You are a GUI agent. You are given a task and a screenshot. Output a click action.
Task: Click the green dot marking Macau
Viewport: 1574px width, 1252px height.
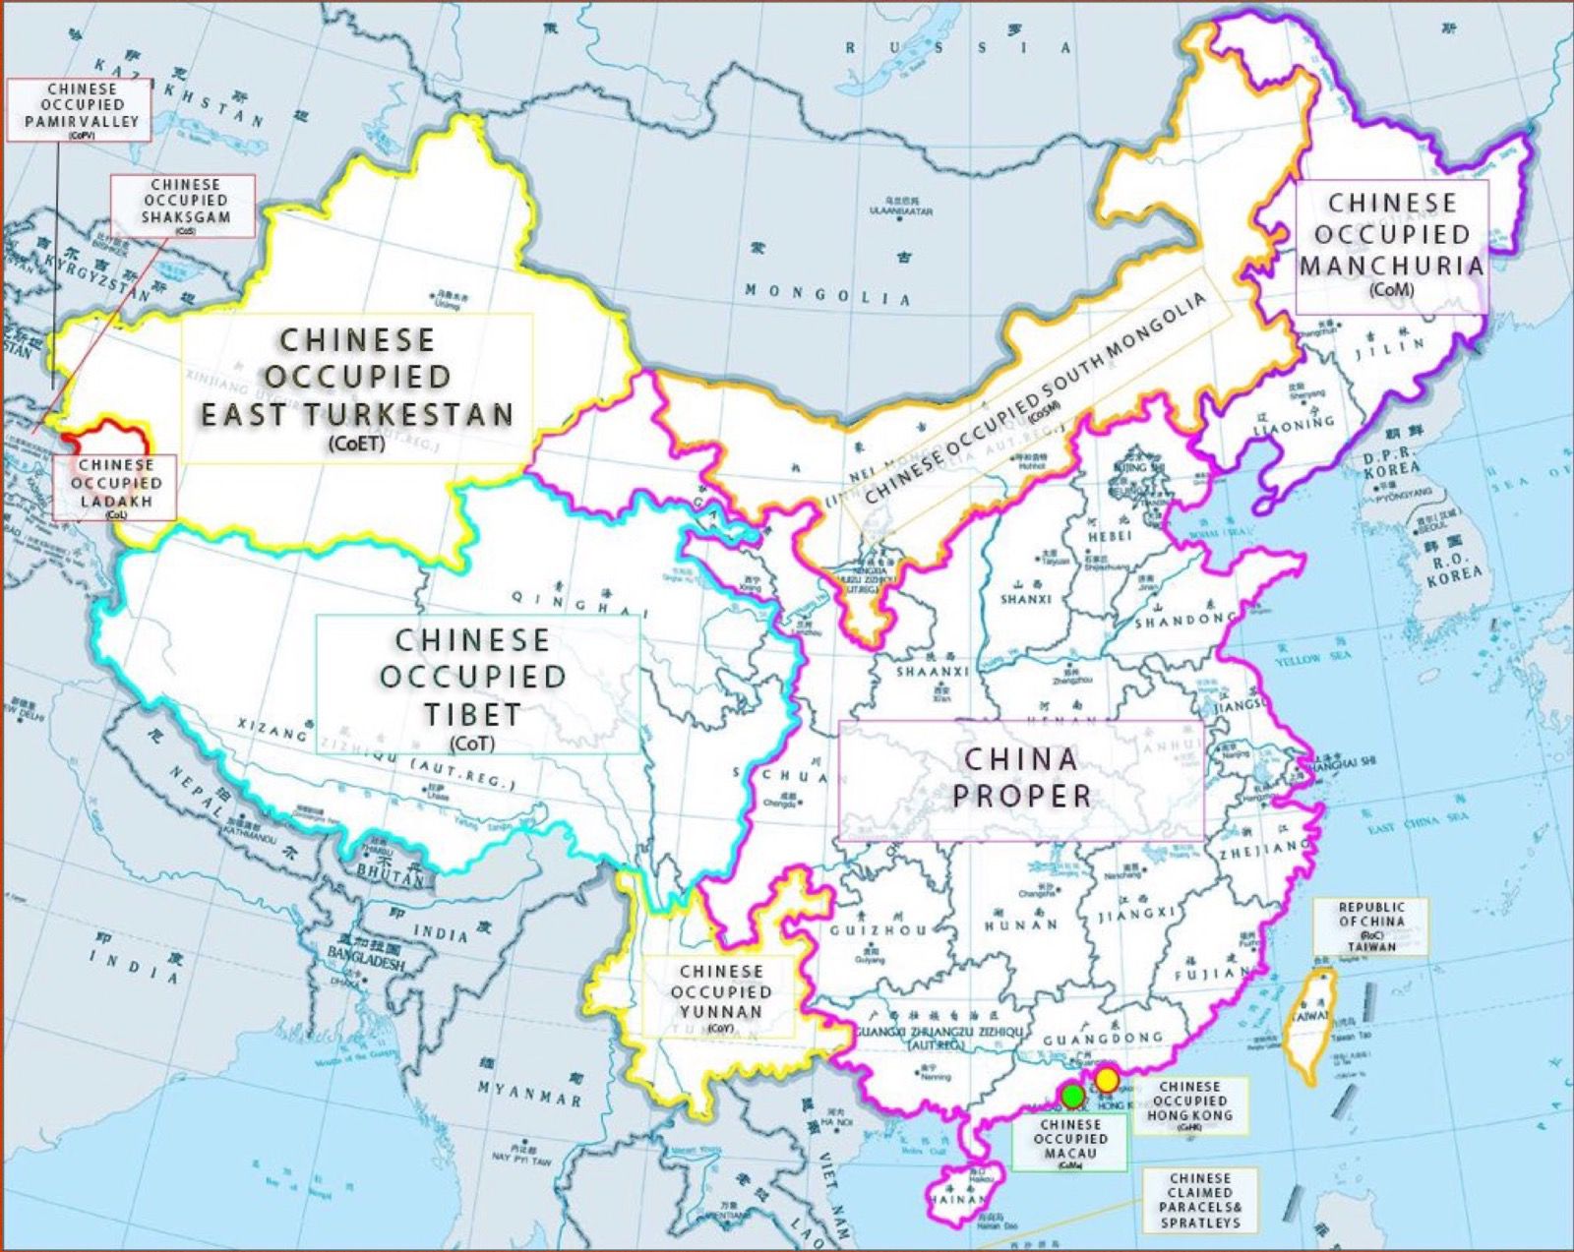click(x=1072, y=1095)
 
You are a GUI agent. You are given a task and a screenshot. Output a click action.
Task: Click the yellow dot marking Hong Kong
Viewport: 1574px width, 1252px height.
click(x=1108, y=1080)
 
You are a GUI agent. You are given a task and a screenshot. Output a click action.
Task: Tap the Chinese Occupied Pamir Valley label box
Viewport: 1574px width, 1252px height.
click(x=80, y=110)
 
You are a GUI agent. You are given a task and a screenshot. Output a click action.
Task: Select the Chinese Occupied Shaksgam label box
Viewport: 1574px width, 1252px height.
click(x=184, y=206)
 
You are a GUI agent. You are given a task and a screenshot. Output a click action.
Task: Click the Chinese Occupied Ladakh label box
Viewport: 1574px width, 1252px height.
click(x=116, y=487)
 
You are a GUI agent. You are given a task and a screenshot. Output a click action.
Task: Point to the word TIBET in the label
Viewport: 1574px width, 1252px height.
click(x=472, y=715)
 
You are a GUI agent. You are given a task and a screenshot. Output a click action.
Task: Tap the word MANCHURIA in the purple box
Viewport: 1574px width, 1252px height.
click(x=1391, y=266)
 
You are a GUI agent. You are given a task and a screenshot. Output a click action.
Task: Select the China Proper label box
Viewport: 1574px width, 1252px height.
click(x=1020, y=779)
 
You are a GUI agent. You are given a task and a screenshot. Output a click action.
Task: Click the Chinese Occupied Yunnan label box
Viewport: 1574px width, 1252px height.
click(x=719, y=995)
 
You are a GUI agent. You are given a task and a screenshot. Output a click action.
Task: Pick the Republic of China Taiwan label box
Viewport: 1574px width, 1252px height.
click(x=1370, y=926)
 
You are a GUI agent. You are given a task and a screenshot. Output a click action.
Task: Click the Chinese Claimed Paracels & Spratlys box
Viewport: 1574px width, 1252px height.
click(x=1199, y=1200)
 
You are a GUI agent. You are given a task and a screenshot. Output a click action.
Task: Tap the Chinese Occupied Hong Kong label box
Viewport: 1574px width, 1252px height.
click(x=1188, y=1105)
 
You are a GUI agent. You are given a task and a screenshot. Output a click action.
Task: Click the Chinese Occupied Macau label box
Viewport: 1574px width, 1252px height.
click(x=1069, y=1142)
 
